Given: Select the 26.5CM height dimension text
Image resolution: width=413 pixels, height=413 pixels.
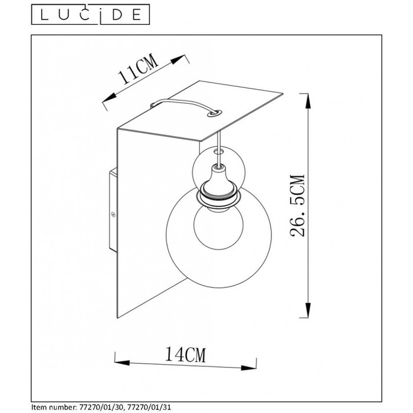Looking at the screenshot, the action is click(x=297, y=205).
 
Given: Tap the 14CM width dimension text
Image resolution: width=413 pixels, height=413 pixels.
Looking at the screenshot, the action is click(x=185, y=355).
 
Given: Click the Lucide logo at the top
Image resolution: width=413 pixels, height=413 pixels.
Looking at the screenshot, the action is click(x=90, y=15).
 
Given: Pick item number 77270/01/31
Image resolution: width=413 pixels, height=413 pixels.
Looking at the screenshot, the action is click(x=147, y=408).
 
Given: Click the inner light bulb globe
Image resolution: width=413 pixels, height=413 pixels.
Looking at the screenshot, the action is click(x=218, y=227).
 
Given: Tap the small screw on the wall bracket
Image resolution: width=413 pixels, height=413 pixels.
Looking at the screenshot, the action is click(x=113, y=214).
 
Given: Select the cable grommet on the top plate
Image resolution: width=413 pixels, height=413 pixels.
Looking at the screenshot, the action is click(x=214, y=113).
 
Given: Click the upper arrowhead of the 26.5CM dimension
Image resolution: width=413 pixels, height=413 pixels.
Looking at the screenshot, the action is click(x=307, y=101).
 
